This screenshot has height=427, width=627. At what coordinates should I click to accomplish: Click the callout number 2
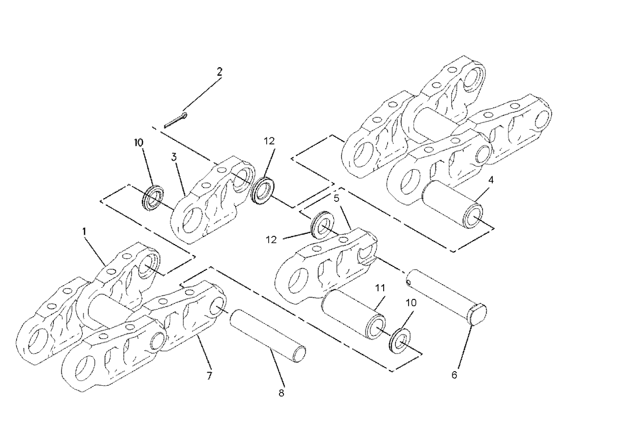(x=220, y=72)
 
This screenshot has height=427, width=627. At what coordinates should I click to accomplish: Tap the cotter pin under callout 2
(x=175, y=119)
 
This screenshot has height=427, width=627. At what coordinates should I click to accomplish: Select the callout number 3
(x=174, y=157)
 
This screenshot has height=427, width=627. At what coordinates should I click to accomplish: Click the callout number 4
(x=491, y=180)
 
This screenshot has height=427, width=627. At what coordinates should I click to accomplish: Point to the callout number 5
(x=337, y=198)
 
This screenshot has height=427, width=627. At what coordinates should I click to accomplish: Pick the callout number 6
(x=454, y=375)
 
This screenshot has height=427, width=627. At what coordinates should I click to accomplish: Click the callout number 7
(x=209, y=376)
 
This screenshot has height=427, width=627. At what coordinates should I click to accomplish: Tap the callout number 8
(x=281, y=393)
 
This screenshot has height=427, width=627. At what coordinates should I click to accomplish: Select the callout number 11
(x=380, y=288)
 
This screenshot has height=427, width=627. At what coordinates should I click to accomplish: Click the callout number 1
(x=84, y=232)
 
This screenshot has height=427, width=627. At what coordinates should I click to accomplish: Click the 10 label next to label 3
(x=139, y=142)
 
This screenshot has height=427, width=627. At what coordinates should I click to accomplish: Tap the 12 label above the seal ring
(x=269, y=141)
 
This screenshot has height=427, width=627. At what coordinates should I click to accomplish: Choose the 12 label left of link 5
(x=271, y=240)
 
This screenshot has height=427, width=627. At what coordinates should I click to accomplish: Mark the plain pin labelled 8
(x=268, y=336)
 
